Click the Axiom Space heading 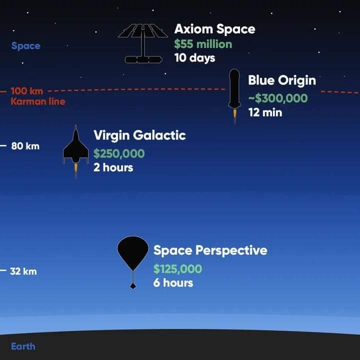pos(214,29)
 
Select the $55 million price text pos(203,44)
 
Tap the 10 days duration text pos(194,58)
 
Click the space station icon pos(143,43)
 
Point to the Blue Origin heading pos(282,81)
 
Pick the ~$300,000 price pos(278,98)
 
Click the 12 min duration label pos(265,112)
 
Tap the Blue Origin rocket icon pos(234,96)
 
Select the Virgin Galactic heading pos(139,135)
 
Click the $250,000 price pos(119,153)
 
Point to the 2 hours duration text pos(113,167)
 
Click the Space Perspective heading pos(210,250)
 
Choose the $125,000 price pos(177,269)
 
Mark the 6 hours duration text pos(173,282)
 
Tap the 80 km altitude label pos(25,146)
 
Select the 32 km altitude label pos(23,271)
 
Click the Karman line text pos(38,101)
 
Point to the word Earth pos(23,346)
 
